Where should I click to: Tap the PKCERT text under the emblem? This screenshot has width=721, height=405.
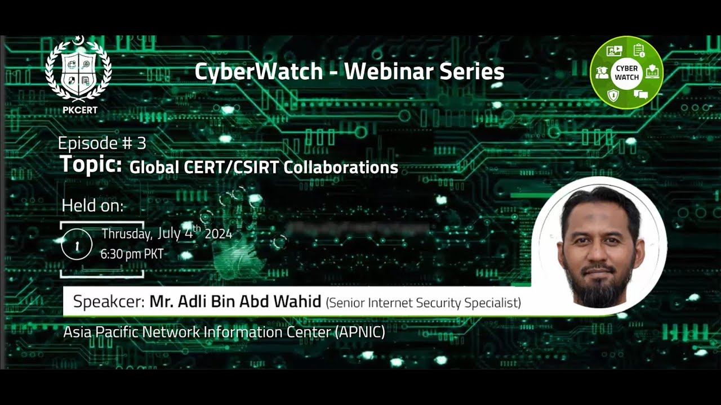click(x=79, y=110)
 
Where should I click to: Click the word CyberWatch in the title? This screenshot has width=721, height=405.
click(x=259, y=71)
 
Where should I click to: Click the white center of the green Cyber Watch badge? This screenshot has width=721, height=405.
click(x=626, y=73)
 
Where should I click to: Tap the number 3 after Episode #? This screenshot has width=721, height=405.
click(x=141, y=143)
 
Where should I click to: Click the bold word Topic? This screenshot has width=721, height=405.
click(x=91, y=165)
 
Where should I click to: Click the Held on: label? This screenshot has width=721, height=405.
click(x=92, y=206)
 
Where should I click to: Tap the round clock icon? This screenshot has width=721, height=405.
click(x=77, y=244)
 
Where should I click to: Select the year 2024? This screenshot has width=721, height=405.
click(x=218, y=234)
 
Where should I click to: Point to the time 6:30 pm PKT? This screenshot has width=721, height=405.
click(x=132, y=254)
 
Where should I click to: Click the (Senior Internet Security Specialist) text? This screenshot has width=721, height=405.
click(x=423, y=303)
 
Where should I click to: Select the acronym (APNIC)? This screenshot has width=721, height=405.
click(x=360, y=332)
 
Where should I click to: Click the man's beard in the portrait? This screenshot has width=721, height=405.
click(x=600, y=287)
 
